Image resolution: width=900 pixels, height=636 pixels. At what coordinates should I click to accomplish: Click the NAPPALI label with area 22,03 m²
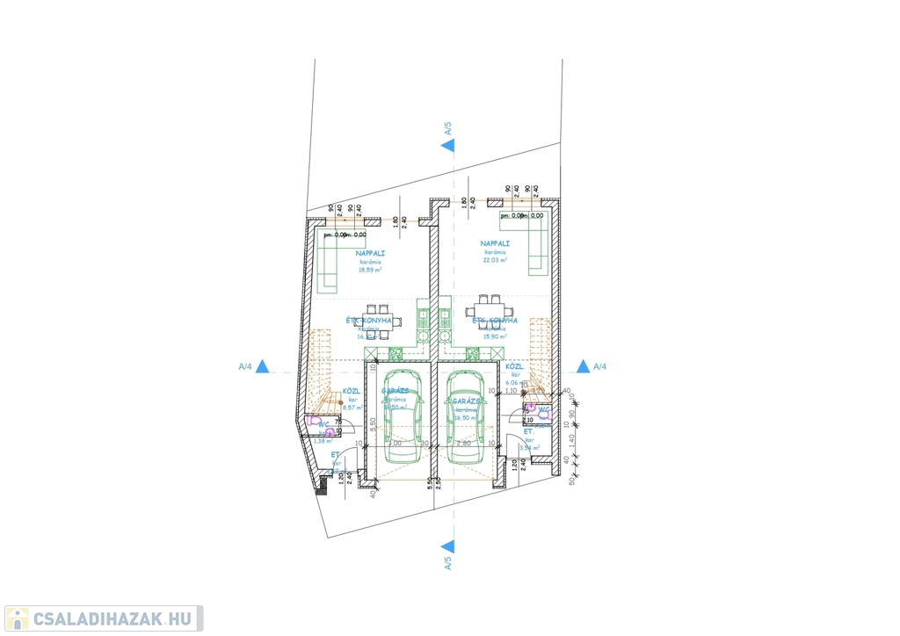493,243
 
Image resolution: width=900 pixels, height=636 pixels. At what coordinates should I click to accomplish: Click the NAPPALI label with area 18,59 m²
372,253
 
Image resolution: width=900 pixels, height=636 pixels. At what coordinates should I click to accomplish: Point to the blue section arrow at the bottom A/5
447,546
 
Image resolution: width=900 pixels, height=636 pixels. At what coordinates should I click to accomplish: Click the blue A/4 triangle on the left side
261,366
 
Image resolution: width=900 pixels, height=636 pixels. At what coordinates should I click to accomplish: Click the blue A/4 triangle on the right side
582,366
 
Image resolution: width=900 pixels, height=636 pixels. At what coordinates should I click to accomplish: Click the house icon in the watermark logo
17,618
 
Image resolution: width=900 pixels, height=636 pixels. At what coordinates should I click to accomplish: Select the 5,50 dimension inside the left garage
374,423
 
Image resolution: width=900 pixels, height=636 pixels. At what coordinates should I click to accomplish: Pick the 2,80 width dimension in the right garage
465,444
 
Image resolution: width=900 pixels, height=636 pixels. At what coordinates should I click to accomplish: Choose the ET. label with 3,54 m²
529,433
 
